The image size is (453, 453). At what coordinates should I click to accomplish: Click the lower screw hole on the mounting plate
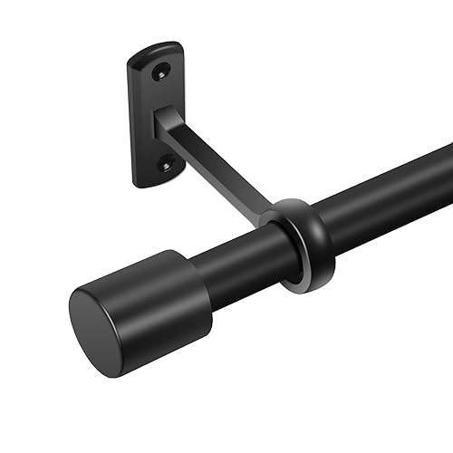tap(164, 164)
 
